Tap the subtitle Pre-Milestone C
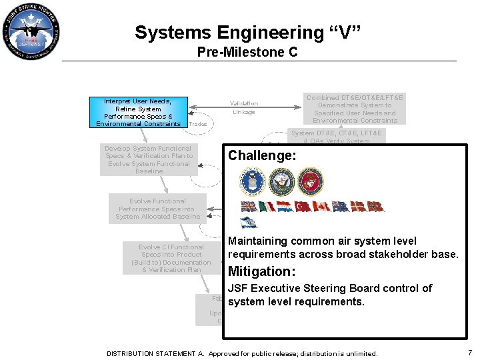247,52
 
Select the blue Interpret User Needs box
139,112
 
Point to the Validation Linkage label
243,107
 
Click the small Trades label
198,124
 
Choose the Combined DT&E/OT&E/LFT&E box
354,109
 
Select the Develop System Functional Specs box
149,159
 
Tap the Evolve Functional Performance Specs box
158,209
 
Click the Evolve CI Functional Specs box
172,258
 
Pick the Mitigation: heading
261,271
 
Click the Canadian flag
322,206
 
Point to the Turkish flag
303,206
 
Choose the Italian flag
267,206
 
